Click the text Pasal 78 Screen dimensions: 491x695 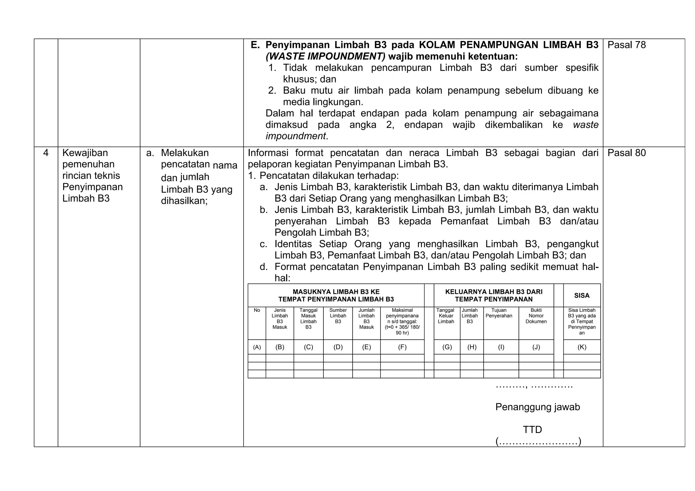pyautogui.click(x=626, y=45)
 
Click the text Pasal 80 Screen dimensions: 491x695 pyautogui.click(x=626, y=153)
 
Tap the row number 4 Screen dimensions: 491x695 pyautogui.click(x=46, y=153)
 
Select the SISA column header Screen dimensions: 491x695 pyautogui.click(x=582, y=296)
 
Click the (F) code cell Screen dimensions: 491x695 pyautogui.click(x=402, y=347)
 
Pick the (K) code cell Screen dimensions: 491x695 pyautogui.click(x=582, y=347)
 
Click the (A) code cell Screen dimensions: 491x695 pyautogui.click(x=257, y=347)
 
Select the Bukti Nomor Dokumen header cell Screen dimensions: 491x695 pyautogui.click(x=536, y=316)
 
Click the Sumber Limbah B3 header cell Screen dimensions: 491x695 pyautogui.click(x=338, y=316)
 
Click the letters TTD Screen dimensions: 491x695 pyautogui.click(x=532, y=430)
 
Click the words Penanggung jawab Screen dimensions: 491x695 pyautogui.click(x=538, y=407)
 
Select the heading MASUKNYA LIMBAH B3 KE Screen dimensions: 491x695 pyautogui.click(x=336, y=292)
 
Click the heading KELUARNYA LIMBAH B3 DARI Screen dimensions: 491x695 pyautogui.click(x=493, y=292)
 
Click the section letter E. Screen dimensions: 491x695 pyautogui.click(x=255, y=45)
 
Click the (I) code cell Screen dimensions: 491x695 pyautogui.click(x=501, y=347)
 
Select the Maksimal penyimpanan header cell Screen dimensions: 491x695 pyautogui.click(x=402, y=321)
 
